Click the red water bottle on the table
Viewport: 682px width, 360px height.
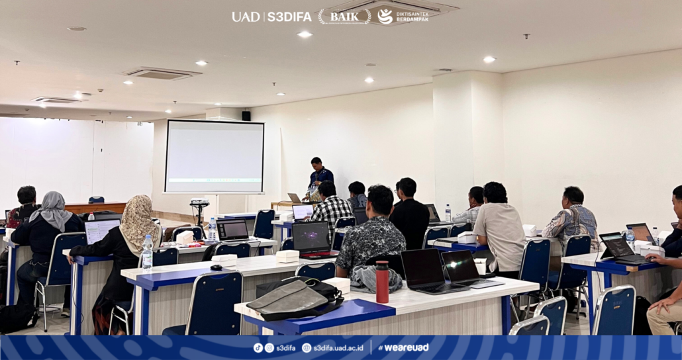pos(382,281)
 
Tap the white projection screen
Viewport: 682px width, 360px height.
pos(215,157)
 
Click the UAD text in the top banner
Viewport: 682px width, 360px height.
pos(246,17)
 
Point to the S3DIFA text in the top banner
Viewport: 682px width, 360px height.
pos(289,17)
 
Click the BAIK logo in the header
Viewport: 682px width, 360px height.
pos(344,17)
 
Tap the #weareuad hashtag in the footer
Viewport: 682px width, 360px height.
pos(403,347)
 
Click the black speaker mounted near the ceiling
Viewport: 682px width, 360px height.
pos(246,116)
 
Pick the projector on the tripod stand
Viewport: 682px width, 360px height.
pos(199,202)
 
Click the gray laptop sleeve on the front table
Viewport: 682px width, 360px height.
pos(287,299)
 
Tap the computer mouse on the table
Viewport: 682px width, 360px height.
pos(216,267)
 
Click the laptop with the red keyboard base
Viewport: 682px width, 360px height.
pos(313,240)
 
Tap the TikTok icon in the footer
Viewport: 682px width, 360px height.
pos(258,348)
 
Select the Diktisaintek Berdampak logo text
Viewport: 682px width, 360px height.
pos(413,17)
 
